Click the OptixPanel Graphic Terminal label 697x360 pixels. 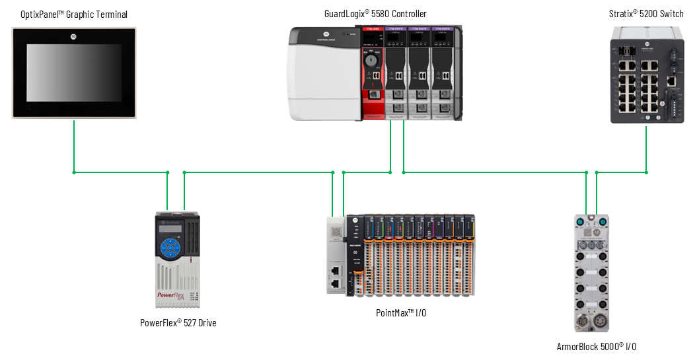74,14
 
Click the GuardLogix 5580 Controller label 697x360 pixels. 375,14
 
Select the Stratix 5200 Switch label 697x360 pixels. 646,14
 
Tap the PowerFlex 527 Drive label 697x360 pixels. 178,323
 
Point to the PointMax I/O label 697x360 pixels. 396,312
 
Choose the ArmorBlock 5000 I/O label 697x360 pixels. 597,347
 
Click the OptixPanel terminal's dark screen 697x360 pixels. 74,73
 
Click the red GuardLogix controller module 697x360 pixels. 372,73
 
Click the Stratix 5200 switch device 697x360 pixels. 646,74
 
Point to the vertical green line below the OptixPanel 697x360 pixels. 74,145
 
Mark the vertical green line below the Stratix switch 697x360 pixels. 646,148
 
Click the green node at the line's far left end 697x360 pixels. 74,173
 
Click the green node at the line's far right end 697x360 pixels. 646,173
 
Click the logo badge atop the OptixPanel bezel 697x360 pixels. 74,33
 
